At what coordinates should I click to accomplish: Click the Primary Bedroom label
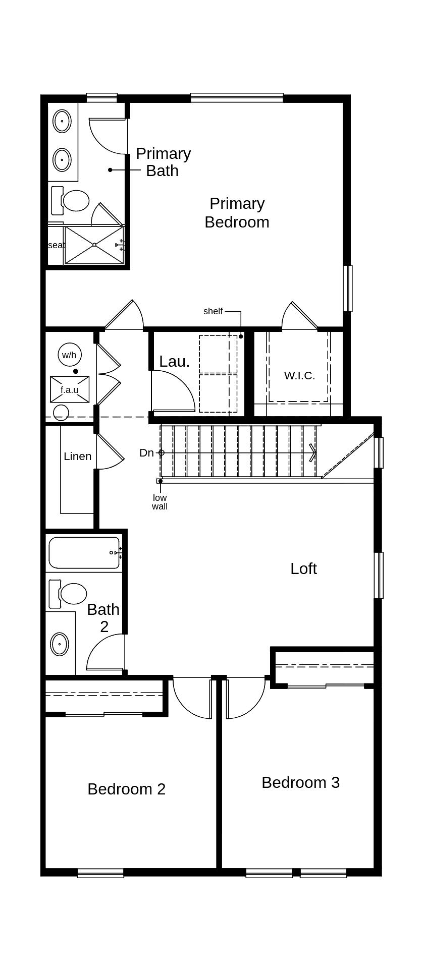(x=237, y=213)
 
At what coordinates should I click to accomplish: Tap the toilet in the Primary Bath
(x=75, y=200)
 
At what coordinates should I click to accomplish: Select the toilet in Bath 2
(x=72, y=594)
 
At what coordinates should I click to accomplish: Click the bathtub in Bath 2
(x=84, y=553)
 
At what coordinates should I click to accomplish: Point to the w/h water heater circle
(x=69, y=355)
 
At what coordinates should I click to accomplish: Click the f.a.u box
(x=70, y=389)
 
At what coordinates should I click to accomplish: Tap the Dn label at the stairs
(x=146, y=453)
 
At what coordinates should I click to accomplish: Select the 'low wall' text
(x=160, y=502)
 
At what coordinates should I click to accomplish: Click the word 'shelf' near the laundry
(x=213, y=311)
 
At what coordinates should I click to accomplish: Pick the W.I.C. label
(x=299, y=375)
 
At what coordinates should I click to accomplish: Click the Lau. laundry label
(x=174, y=361)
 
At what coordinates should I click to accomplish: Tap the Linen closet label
(x=77, y=456)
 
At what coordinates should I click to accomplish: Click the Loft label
(x=303, y=568)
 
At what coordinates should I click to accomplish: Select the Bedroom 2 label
(x=126, y=789)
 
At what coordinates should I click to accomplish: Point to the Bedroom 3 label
(x=300, y=782)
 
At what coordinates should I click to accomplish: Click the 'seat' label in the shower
(x=56, y=245)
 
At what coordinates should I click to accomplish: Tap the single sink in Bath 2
(x=60, y=644)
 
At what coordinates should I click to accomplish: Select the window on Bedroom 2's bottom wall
(x=100, y=873)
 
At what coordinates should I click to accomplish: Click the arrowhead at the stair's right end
(x=313, y=453)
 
